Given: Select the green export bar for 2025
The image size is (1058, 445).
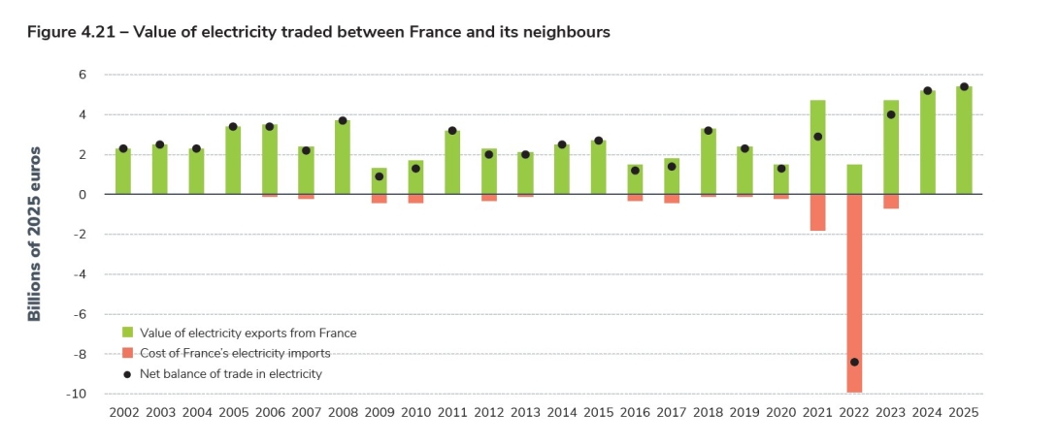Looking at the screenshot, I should point(964,141).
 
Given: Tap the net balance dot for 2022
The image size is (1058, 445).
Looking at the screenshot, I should point(854,362).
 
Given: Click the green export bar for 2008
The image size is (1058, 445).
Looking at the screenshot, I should point(343,157).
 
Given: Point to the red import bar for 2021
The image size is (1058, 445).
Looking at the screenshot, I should point(817,212).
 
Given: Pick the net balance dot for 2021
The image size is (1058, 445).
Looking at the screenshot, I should point(817,137).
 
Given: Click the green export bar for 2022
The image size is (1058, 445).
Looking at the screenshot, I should point(854,179).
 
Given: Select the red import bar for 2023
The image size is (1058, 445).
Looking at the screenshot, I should point(891,202).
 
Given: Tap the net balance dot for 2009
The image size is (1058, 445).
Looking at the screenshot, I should point(380,176).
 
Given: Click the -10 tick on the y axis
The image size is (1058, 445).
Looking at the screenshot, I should point(80,394).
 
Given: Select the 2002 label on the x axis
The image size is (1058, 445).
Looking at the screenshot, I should point(124,412).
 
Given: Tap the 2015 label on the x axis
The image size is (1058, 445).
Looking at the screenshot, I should point(598,412).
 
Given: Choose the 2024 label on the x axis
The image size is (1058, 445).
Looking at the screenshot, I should point(927,412).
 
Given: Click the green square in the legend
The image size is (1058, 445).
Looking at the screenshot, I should point(127,333).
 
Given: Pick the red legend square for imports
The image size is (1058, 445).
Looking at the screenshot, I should point(127,353).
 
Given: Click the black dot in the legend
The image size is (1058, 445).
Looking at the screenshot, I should point(127,373).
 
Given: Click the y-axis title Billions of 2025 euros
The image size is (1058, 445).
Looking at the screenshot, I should point(35,234).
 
